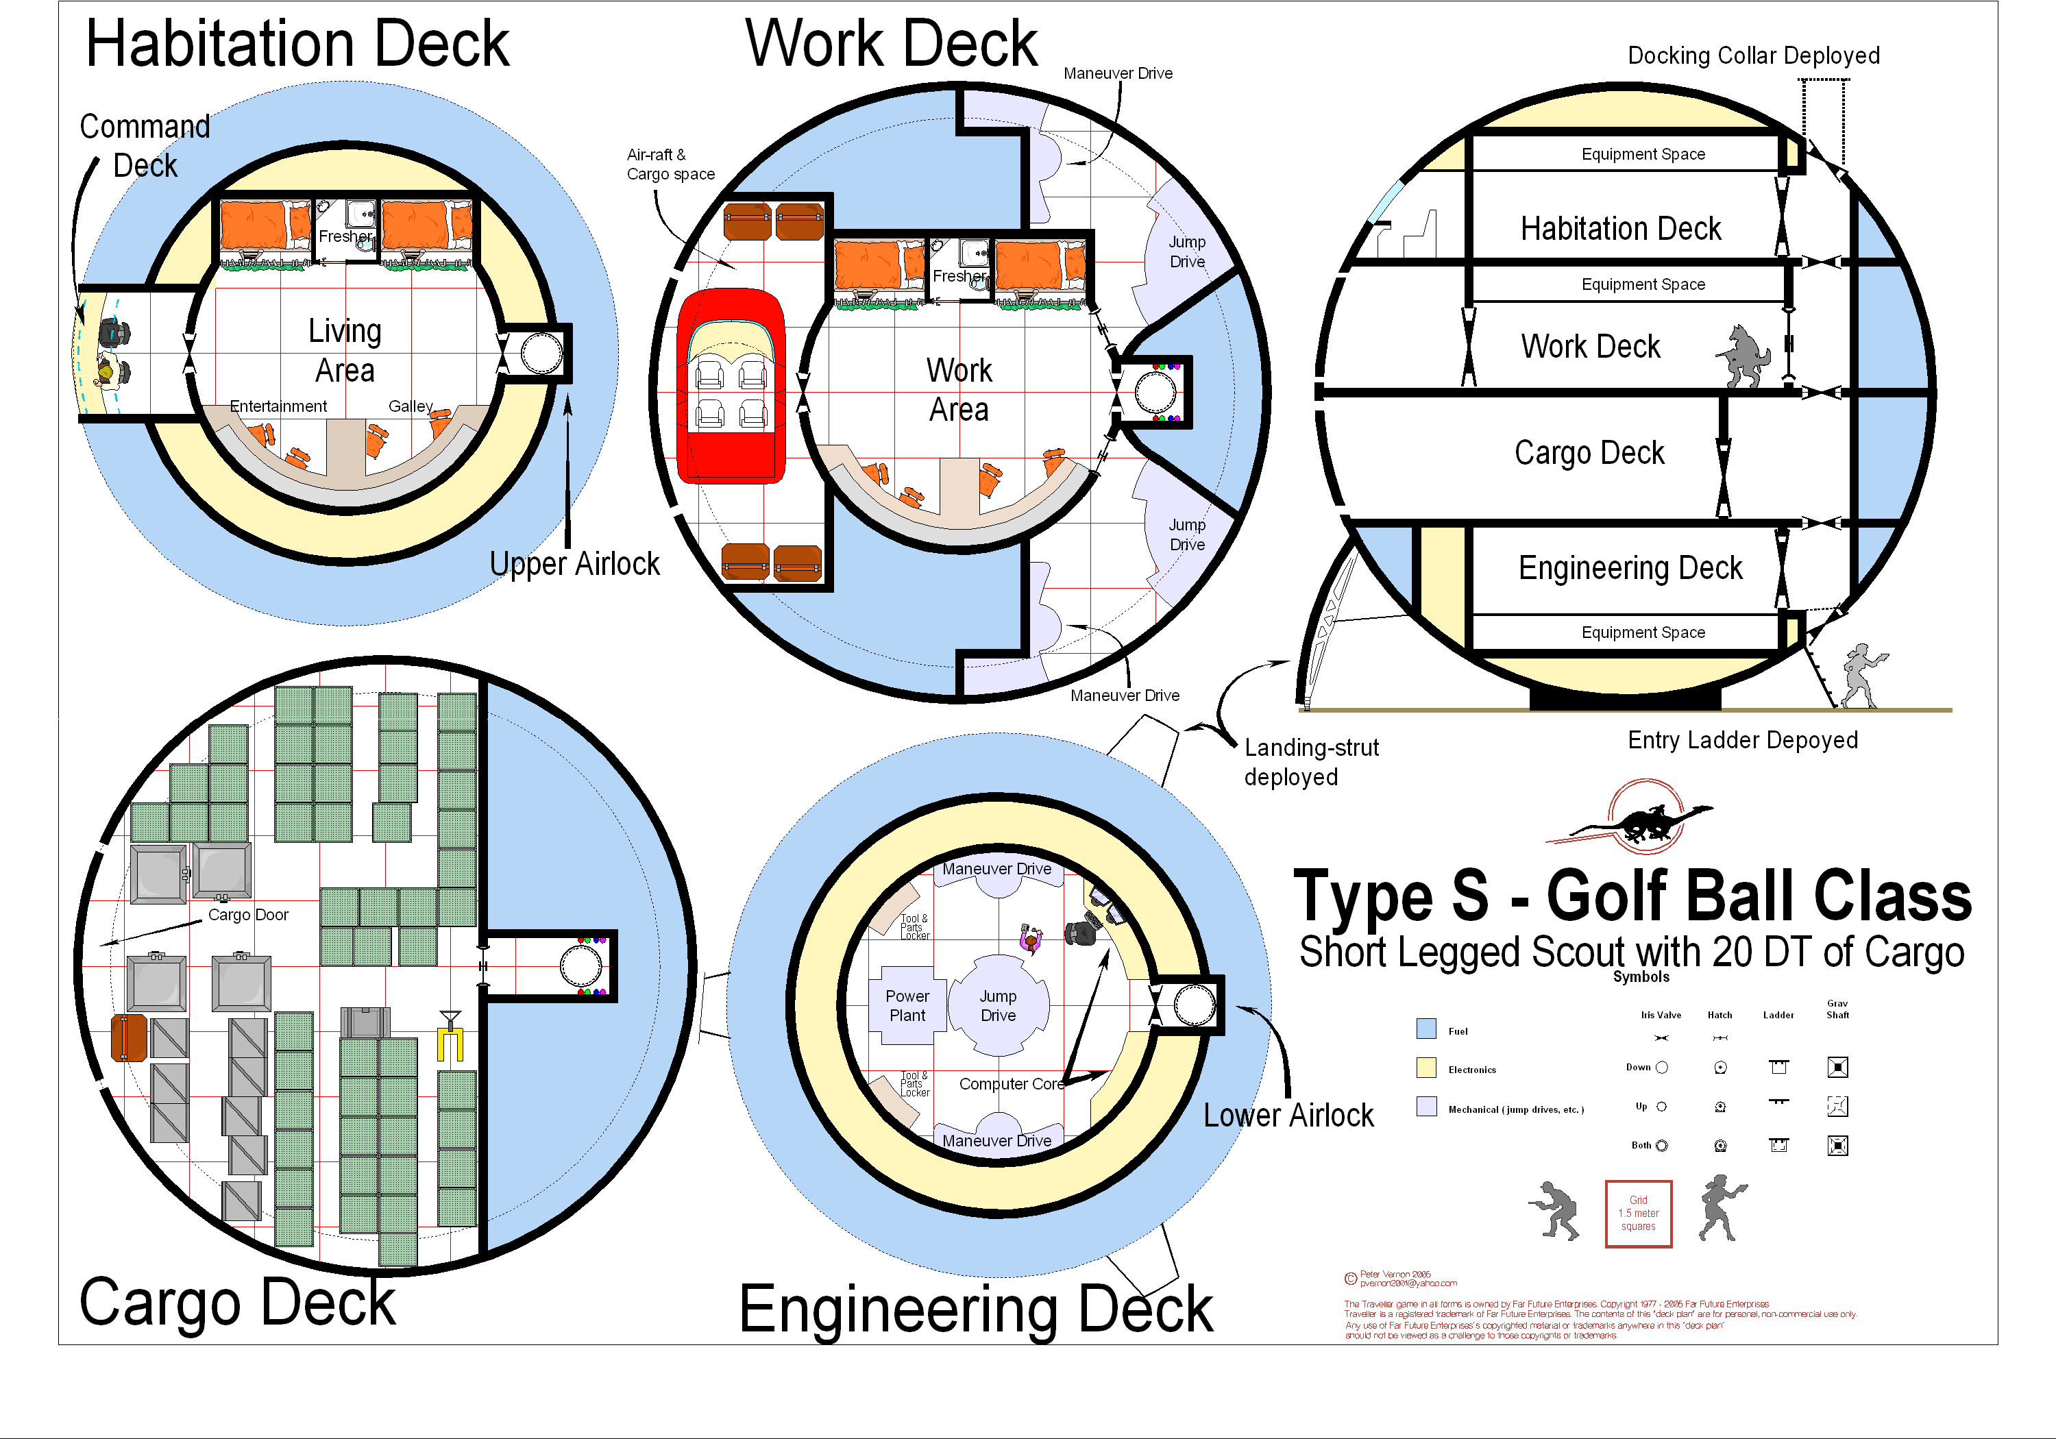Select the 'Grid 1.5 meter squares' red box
click(1638, 1214)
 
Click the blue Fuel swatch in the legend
click(1426, 1028)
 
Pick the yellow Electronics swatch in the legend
click(1426, 1068)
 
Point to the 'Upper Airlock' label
click(574, 564)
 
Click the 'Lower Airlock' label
click(1288, 1116)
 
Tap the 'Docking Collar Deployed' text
click(1753, 56)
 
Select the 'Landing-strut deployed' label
click(1311, 762)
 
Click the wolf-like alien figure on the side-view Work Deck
click(1743, 356)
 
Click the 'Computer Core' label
click(1011, 1083)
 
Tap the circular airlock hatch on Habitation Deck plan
click(541, 353)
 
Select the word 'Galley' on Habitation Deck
click(410, 406)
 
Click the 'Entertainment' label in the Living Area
click(278, 406)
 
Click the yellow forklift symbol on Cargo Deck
click(450, 1039)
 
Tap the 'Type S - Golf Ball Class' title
click(1632, 896)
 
